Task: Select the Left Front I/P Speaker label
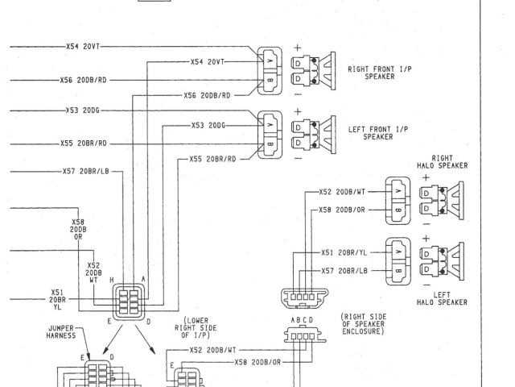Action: click(377, 133)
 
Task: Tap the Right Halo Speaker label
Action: click(441, 162)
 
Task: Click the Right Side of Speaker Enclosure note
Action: click(365, 325)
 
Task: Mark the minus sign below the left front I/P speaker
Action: click(297, 157)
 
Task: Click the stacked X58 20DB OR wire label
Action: click(78, 229)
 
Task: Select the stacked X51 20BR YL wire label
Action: click(57, 299)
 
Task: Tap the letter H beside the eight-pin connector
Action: click(112, 279)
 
